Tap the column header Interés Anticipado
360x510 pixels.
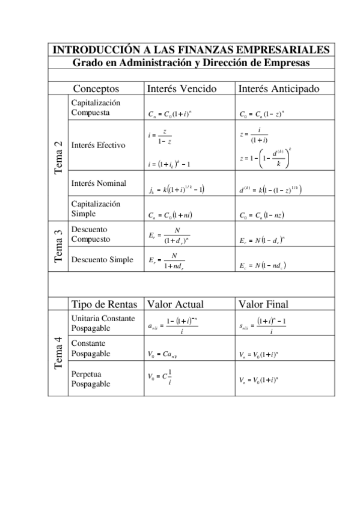point(279,89)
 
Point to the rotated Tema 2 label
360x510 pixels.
point(58,158)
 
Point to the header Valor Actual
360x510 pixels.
point(175,303)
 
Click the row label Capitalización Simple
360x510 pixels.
point(96,209)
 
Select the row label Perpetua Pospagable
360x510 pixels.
point(91,378)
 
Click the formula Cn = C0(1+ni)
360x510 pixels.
point(170,214)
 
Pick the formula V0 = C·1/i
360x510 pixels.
point(160,377)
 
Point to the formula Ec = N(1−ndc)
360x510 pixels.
point(262,265)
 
